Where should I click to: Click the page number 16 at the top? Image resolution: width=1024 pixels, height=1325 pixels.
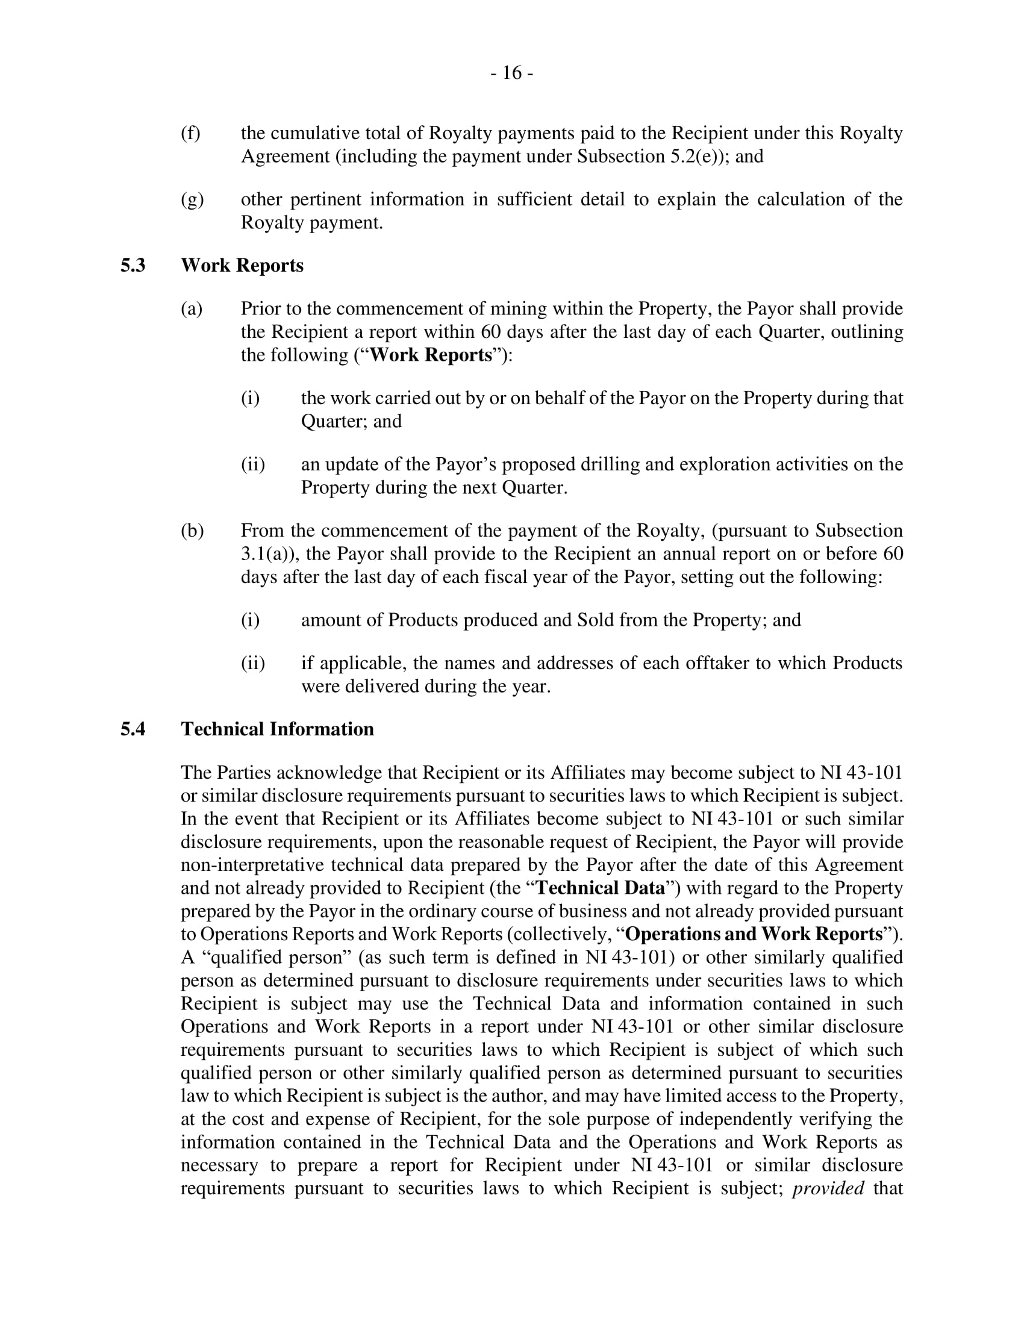512,73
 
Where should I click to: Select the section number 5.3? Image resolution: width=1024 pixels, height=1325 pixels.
133,265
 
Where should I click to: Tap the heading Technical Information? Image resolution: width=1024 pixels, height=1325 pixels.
277,729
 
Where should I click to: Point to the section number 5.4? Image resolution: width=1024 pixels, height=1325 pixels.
133,729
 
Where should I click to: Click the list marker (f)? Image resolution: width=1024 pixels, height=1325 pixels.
190,133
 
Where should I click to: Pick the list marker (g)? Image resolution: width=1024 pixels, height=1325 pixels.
192,199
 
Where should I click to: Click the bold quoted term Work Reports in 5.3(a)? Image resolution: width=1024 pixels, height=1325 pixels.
431,355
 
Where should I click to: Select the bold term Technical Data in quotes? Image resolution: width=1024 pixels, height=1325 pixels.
601,888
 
